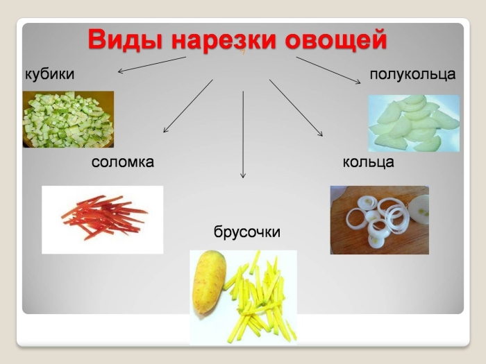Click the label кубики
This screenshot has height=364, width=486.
coord(49,73)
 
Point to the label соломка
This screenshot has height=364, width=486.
coord(122,162)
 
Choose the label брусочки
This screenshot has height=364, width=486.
coord(246,232)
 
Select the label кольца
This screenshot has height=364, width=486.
coord(368,162)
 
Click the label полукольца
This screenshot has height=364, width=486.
coord(412,73)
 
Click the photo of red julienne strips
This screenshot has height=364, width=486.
coord(103,218)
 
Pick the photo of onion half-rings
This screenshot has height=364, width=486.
coord(413,123)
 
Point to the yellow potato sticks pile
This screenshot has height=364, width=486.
coord(260,298)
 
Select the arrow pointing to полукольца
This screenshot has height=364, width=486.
coord(328,70)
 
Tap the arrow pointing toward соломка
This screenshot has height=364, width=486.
coord(187,106)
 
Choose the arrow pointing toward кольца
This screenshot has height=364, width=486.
coord(296,108)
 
